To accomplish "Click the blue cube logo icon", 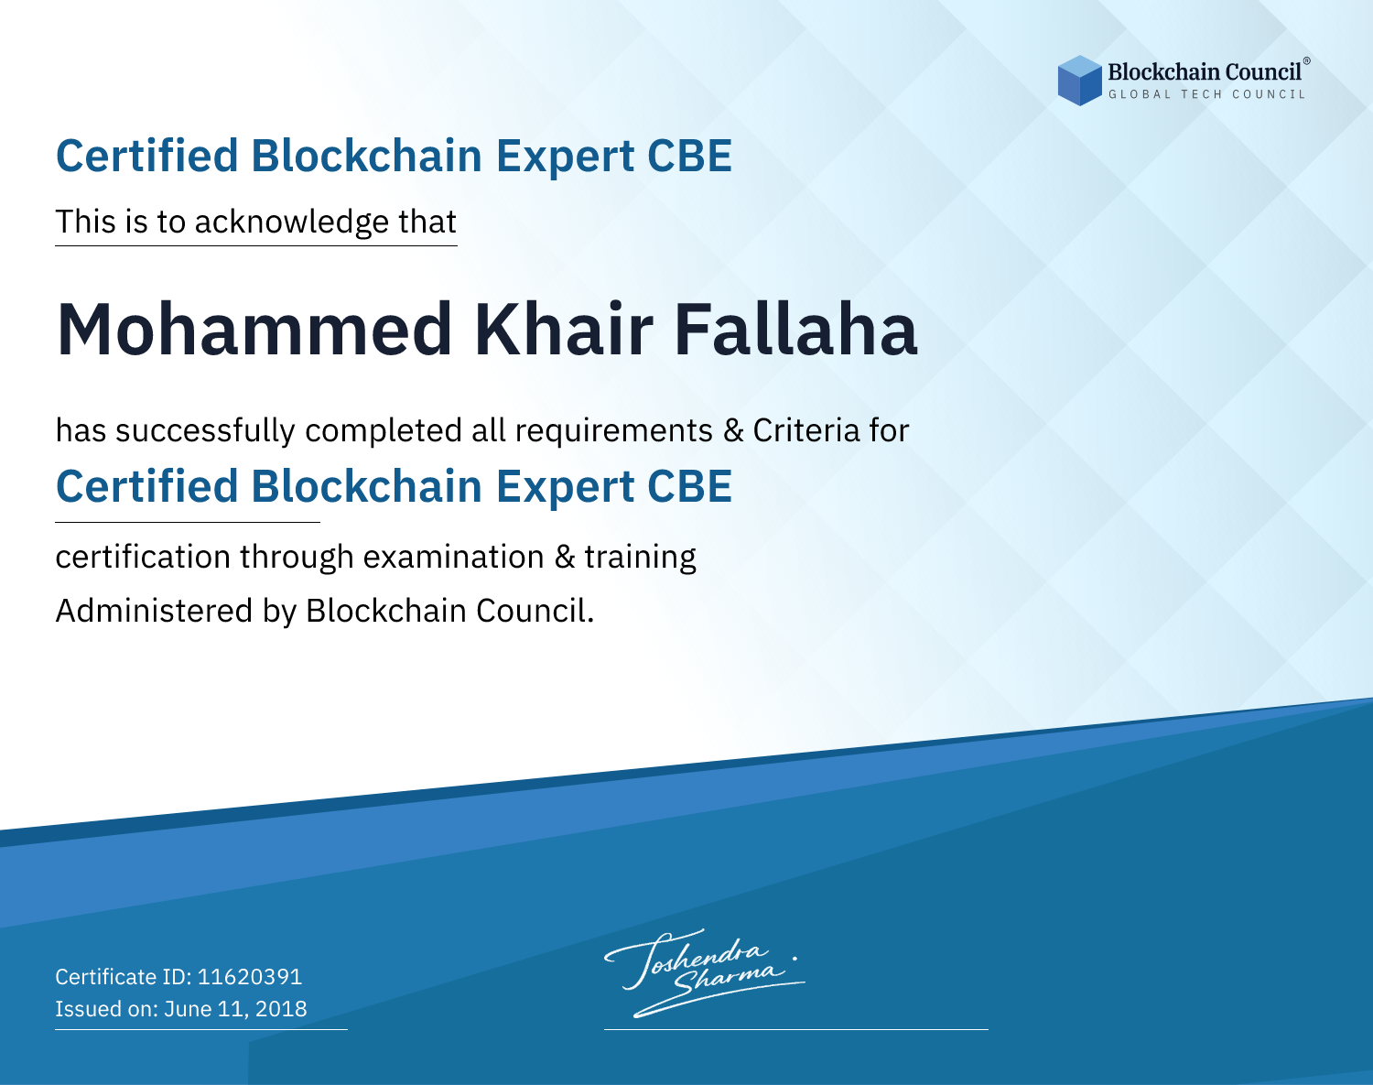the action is pyautogui.click(x=1079, y=81).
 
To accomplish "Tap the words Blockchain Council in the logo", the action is pyautogui.click(x=1205, y=72).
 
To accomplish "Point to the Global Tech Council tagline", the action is pyautogui.click(x=1206, y=94).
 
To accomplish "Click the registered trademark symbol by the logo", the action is pyautogui.click(x=1306, y=60).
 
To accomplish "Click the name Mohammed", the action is pyautogui.click(x=254, y=330).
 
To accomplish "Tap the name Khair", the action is pyautogui.click(x=564, y=330).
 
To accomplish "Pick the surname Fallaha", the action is pyautogui.click(x=796, y=330).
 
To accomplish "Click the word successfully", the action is pyautogui.click(x=205, y=431).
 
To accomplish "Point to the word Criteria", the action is pyautogui.click(x=805, y=430).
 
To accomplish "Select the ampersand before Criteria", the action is pyautogui.click(x=733, y=431).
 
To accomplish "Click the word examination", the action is pyautogui.click(x=454, y=557).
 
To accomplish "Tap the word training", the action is pyautogui.click(x=640, y=558).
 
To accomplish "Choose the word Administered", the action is pyautogui.click(x=154, y=611).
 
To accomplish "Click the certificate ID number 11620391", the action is pyautogui.click(x=250, y=977).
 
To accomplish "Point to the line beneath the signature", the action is pyautogui.click(x=796, y=1029).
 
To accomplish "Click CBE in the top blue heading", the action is pyautogui.click(x=689, y=157).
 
